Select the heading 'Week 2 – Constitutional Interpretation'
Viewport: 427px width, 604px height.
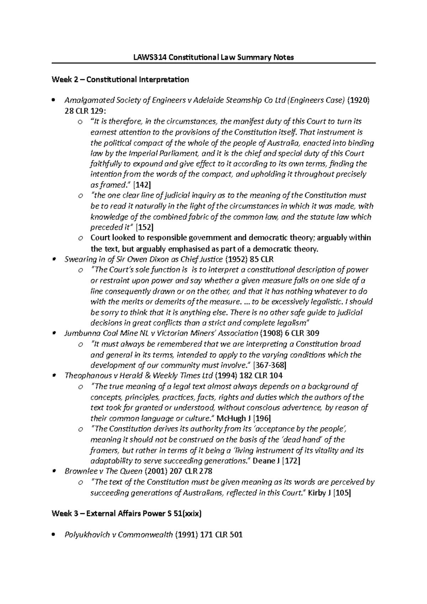click(120, 79)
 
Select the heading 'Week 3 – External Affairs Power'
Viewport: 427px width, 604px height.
click(113, 514)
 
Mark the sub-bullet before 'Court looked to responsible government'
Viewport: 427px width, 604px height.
click(81, 238)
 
